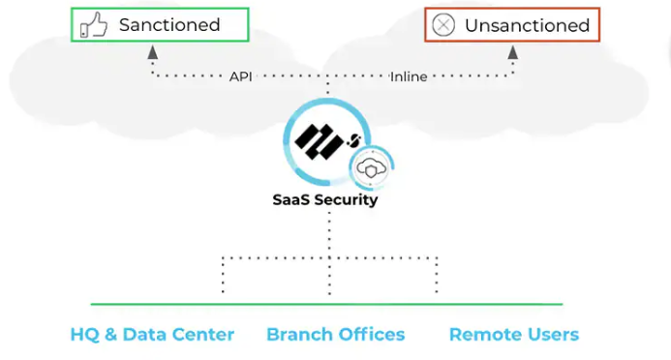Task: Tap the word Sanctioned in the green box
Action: (169, 25)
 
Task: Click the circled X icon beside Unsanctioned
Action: (442, 25)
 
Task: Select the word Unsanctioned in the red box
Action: (527, 25)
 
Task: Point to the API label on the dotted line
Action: (241, 76)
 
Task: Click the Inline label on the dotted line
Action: (408, 76)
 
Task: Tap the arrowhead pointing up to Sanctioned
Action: (153, 54)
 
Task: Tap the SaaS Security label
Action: (324, 201)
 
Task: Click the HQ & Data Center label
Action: (152, 335)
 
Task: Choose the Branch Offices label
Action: (335, 335)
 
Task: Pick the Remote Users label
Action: (513, 335)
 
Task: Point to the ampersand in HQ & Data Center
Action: (109, 335)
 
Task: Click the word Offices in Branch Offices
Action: (371, 335)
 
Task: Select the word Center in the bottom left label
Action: (201, 335)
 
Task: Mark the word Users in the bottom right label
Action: (552, 335)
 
